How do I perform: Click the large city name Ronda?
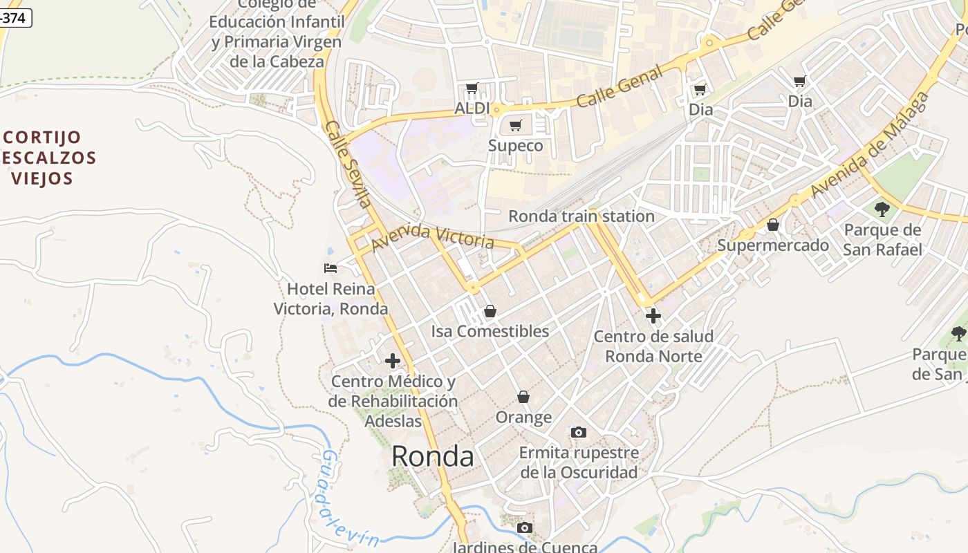tap(433, 456)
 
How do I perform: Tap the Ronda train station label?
tap(581, 216)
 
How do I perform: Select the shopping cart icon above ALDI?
tap(472, 88)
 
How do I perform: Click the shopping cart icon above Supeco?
tap(515, 125)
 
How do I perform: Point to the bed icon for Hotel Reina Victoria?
tap(331, 268)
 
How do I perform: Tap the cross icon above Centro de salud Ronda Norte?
tap(653, 316)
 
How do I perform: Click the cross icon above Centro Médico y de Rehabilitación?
tap(393, 360)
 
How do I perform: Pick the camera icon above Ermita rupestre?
tap(579, 432)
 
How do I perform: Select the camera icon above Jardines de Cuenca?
tap(525, 528)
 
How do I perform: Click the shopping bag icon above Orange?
tap(523, 397)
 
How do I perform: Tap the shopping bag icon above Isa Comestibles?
tap(490, 311)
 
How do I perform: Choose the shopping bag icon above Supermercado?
tap(773, 225)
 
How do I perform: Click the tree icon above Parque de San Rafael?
tap(882, 208)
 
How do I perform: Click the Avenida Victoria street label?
tap(433, 237)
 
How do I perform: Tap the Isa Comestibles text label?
tap(490, 331)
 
